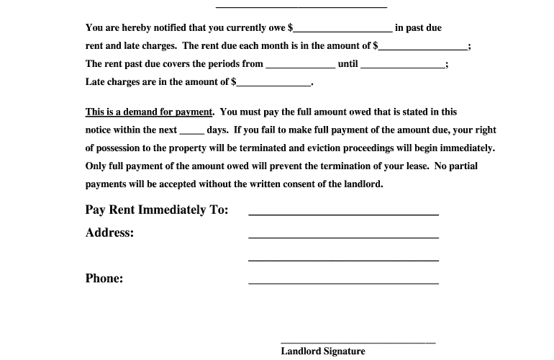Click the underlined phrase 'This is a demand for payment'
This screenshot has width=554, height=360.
149,112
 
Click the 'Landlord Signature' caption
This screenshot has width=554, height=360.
322,351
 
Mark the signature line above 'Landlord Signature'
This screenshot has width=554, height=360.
358,341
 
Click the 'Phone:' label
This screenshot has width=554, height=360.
104,279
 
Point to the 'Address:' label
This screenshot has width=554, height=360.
109,233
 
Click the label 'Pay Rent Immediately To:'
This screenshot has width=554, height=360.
157,210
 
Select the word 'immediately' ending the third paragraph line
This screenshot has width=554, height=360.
467,148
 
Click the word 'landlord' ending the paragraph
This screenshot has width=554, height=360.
364,184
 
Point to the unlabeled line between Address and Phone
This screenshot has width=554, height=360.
343,259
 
